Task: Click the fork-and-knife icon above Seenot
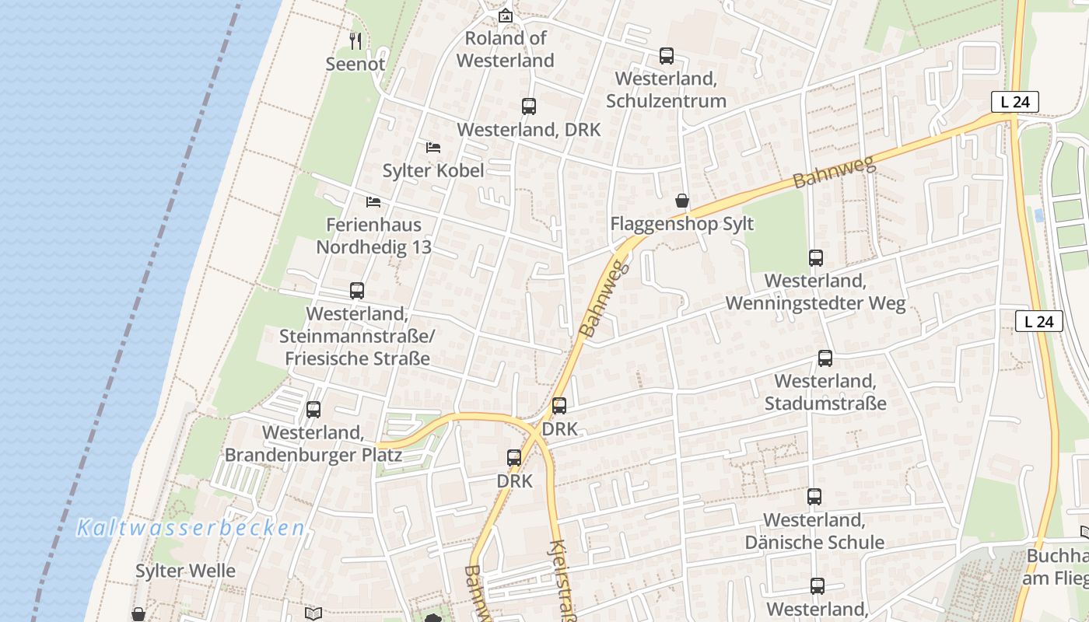[x=355, y=40]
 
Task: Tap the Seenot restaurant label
[x=355, y=65]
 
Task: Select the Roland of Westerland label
[x=506, y=49]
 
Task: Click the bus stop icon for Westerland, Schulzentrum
[x=667, y=55]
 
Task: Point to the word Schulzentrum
[x=666, y=101]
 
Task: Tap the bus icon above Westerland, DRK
[x=529, y=107]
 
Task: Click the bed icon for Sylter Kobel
[x=433, y=147]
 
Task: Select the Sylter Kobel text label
[x=433, y=171]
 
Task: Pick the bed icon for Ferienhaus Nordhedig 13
[x=373, y=202]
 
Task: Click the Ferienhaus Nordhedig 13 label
[x=373, y=236]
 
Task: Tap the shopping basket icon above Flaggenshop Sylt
[x=682, y=201]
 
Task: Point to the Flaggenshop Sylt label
[x=682, y=224]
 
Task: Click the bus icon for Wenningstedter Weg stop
[x=816, y=257]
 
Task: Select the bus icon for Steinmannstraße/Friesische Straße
[x=357, y=291]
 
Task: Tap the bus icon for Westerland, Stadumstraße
[x=825, y=358]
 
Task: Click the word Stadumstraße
[x=825, y=404]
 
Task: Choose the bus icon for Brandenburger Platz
[x=313, y=409]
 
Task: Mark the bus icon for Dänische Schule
[x=814, y=496]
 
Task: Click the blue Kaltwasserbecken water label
[x=191, y=529]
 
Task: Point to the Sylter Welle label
[x=185, y=571]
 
